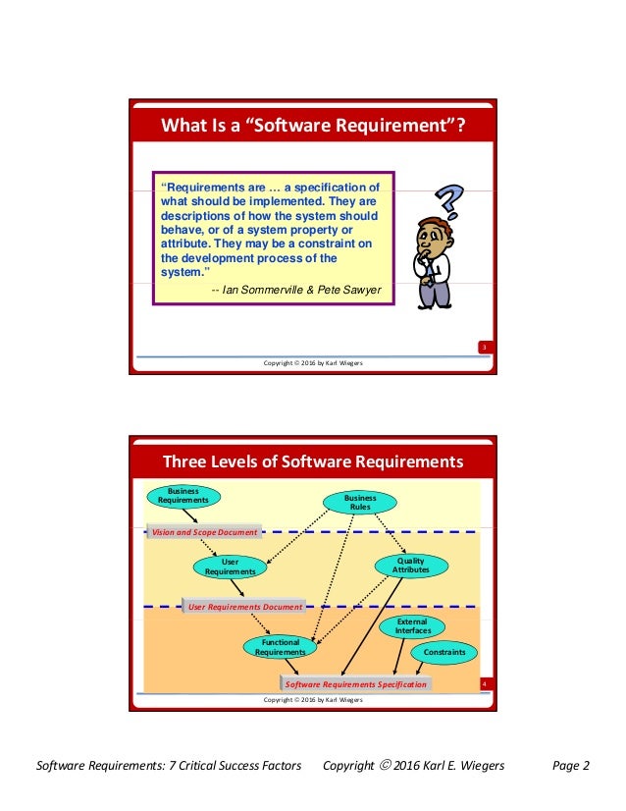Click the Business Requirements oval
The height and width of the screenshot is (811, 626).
click(x=183, y=495)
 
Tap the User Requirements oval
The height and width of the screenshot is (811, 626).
click(x=231, y=567)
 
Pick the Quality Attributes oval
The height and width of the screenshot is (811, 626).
click(x=411, y=565)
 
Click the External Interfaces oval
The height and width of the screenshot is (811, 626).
click(x=412, y=626)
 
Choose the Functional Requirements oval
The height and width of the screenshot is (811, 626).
click(x=281, y=647)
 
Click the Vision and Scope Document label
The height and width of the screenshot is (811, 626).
click(x=204, y=532)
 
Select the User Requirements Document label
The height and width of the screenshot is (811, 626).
click(x=244, y=607)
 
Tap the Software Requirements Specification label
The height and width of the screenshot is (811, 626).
click(x=355, y=683)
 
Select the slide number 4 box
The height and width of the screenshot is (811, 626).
click(x=484, y=683)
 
